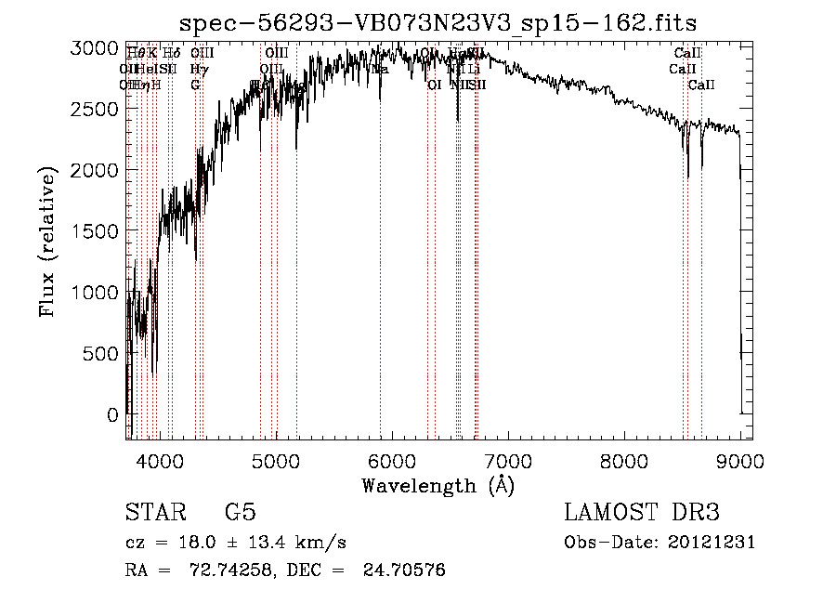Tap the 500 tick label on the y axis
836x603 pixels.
pos(101,353)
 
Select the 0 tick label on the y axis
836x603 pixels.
pos(114,414)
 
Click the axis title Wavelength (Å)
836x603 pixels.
pos(438,485)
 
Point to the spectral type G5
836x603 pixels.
pos(240,512)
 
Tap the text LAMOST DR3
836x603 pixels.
pos(641,512)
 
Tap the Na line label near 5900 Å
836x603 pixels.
pos(380,69)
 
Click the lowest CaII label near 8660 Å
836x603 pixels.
pos(701,85)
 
